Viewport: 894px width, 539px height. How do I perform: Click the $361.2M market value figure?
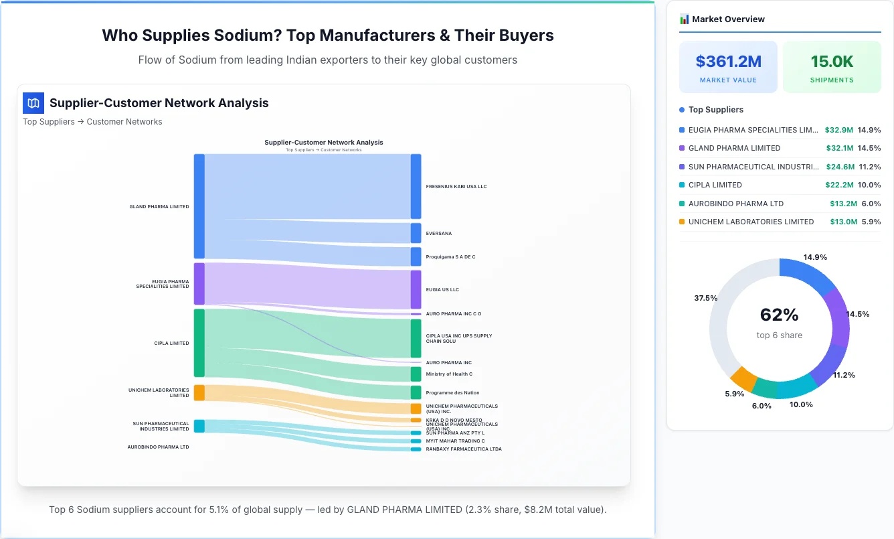pos(728,62)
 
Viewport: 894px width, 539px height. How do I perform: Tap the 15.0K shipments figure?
pos(832,62)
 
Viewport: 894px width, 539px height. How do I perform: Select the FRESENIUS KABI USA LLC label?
pos(456,186)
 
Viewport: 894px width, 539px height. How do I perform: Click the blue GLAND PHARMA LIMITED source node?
pos(199,206)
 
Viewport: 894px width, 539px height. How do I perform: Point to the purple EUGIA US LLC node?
pos(416,289)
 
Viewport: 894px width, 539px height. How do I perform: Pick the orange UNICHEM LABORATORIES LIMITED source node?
pos(199,392)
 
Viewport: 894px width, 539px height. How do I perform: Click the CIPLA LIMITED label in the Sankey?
pos(171,343)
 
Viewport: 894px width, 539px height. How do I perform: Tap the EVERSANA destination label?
pos(438,234)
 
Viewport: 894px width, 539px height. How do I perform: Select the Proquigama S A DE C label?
pos(450,257)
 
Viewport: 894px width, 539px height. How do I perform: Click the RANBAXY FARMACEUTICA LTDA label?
pos(463,449)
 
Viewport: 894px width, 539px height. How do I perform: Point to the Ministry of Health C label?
pos(449,374)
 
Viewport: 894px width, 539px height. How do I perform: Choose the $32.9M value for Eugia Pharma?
pos(838,130)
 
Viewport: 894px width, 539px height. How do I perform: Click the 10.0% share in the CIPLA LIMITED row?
pos(869,185)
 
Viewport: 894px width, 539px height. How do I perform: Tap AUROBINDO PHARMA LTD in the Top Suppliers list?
pos(735,204)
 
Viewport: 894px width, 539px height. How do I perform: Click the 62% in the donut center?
pos(779,315)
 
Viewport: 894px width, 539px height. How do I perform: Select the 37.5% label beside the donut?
pos(705,298)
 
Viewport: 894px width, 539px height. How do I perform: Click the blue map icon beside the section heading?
pos(33,103)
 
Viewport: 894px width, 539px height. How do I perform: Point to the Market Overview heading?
pos(728,19)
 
